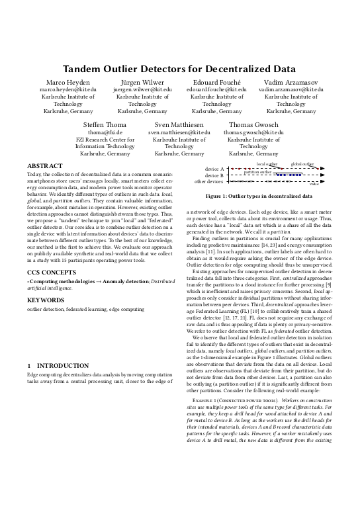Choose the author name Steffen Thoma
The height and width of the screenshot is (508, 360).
(105, 124)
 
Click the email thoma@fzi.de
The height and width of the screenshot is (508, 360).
(105, 132)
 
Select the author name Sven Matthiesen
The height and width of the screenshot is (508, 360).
(179, 124)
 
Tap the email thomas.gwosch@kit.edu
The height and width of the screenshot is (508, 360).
(254, 132)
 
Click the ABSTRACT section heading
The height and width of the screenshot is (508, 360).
(45, 165)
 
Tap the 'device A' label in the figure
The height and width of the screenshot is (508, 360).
(214, 169)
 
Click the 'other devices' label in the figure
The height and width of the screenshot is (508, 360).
(208, 181)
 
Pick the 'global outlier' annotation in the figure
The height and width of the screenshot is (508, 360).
(302, 163)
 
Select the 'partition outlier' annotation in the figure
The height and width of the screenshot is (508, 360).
(257, 172)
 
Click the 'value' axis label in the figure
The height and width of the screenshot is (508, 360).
(314, 185)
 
